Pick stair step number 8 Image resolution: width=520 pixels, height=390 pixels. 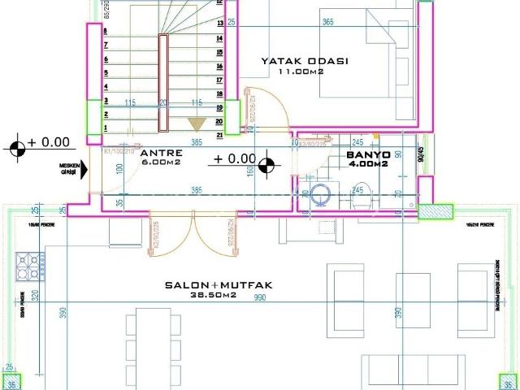106,31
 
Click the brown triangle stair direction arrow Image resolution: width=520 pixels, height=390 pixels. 196,123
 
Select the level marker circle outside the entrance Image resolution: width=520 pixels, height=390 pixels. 18,148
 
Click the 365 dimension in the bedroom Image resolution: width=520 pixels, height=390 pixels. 327,22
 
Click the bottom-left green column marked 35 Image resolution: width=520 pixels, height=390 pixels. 12,382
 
